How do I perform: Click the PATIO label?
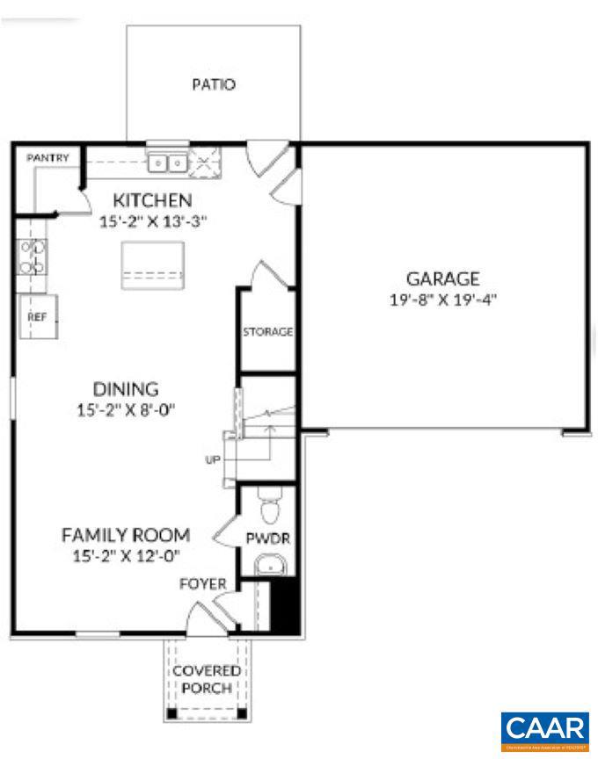(x=214, y=85)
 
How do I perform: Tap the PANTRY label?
(x=47, y=157)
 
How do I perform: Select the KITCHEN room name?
(x=152, y=200)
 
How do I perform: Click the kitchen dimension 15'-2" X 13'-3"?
(x=152, y=222)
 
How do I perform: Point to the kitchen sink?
(x=168, y=162)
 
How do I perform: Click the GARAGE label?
(x=442, y=279)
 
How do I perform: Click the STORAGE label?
(x=268, y=332)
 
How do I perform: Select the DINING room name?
(x=126, y=388)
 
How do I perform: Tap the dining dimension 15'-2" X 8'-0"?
(x=126, y=409)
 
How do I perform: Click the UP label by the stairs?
(x=213, y=459)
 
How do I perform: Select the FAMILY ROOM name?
(x=126, y=534)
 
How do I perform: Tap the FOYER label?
(x=203, y=583)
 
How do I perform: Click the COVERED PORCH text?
(x=207, y=679)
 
